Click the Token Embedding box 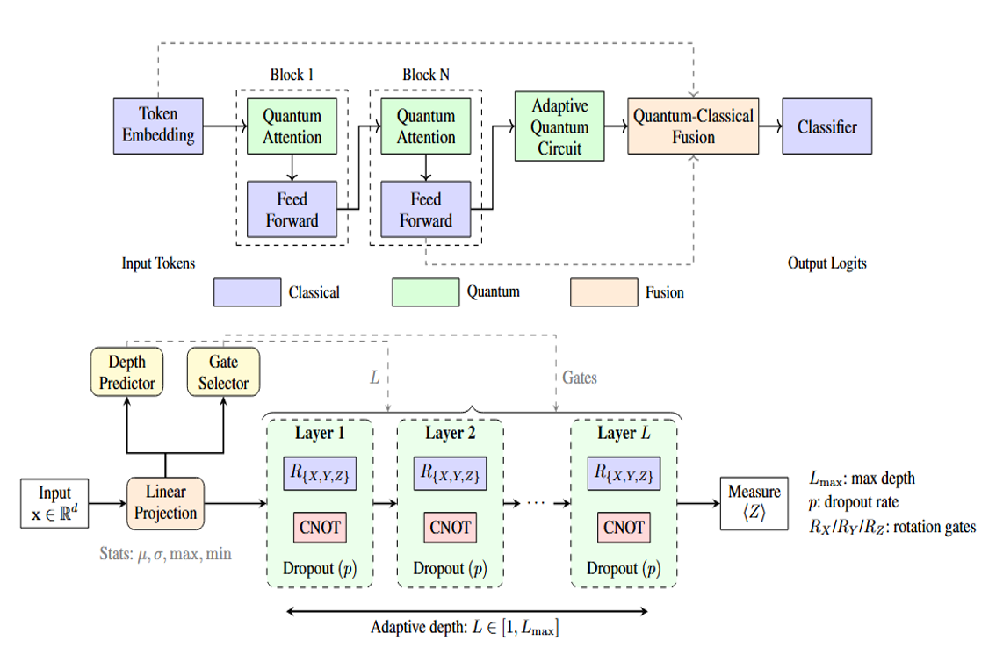click(x=158, y=125)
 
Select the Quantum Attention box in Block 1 click(x=292, y=126)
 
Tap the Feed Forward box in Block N click(x=425, y=210)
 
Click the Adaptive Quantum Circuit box click(x=559, y=126)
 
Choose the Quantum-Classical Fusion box click(x=693, y=126)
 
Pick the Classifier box click(x=826, y=126)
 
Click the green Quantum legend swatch click(x=425, y=292)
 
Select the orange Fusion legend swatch click(x=604, y=292)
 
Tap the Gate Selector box click(x=223, y=372)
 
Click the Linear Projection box click(x=166, y=503)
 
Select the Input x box click(x=55, y=503)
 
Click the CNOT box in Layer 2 click(x=451, y=528)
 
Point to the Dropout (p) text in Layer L click(x=623, y=568)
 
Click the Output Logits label click(x=827, y=263)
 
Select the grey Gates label click(x=580, y=377)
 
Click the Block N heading click(x=426, y=75)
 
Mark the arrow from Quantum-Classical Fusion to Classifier click(x=769, y=126)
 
